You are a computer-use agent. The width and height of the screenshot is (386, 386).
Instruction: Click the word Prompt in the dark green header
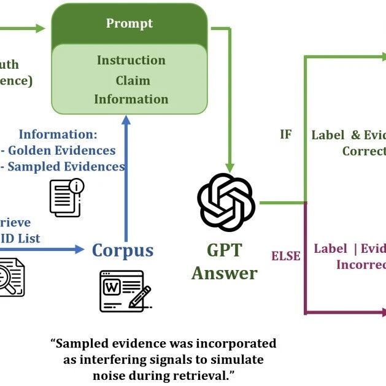point(129,24)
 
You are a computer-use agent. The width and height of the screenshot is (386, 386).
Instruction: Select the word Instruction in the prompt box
point(131,60)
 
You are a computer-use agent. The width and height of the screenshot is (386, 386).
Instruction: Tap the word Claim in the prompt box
point(133,80)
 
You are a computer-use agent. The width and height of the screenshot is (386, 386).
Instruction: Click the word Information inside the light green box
point(131,99)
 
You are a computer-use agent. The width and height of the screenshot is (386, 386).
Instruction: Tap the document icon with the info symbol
point(66,197)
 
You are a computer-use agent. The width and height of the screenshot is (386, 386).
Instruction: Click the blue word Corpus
point(122,250)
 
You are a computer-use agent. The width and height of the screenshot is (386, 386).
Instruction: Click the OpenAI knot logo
point(226,202)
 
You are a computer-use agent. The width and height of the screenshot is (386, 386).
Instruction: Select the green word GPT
point(224,250)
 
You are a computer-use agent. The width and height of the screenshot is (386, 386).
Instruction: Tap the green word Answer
point(224,272)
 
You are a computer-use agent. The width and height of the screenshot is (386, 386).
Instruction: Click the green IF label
point(285,134)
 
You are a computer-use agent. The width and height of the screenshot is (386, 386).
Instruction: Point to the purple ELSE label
point(286,255)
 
